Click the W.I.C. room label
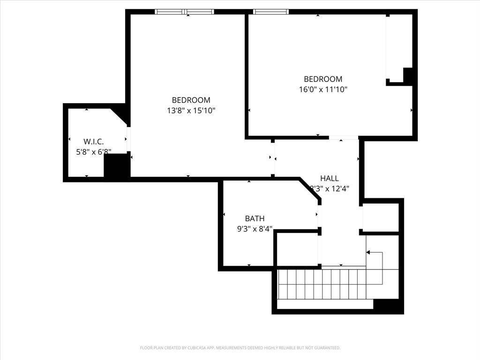pyautogui.click(x=93, y=141)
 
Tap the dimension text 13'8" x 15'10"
pyautogui.click(x=191, y=111)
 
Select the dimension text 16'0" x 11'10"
pyautogui.click(x=323, y=90)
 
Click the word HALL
pyautogui.click(x=329, y=178)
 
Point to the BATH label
pyautogui.click(x=255, y=218)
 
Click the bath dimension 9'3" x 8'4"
pyautogui.click(x=255, y=229)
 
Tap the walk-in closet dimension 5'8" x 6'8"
pyautogui.click(x=93, y=152)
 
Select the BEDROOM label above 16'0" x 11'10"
pyautogui.click(x=323, y=79)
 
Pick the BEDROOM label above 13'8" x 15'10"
pyautogui.click(x=191, y=100)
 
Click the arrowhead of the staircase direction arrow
pyautogui.click(x=368, y=253)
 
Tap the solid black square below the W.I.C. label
pyautogui.click(x=116, y=165)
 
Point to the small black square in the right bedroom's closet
pyautogui.click(x=408, y=75)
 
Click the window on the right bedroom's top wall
pyautogui.click(x=270, y=12)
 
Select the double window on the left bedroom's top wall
pyautogui.click(x=184, y=12)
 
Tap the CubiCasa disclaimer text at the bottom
pyautogui.click(x=240, y=348)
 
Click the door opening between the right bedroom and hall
pyautogui.click(x=343, y=138)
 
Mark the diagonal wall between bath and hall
pyautogui.click(x=310, y=190)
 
